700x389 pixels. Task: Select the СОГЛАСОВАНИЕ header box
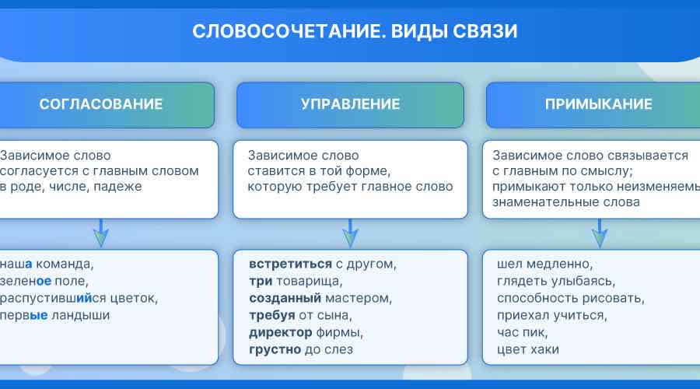101,104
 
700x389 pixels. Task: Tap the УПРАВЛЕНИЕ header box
350,104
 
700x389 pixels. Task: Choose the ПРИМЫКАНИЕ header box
598,104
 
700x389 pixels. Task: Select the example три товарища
296,281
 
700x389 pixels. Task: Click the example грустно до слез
301,349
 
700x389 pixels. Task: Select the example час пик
523,332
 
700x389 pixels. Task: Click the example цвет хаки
528,349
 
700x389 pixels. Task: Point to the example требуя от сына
300,315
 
